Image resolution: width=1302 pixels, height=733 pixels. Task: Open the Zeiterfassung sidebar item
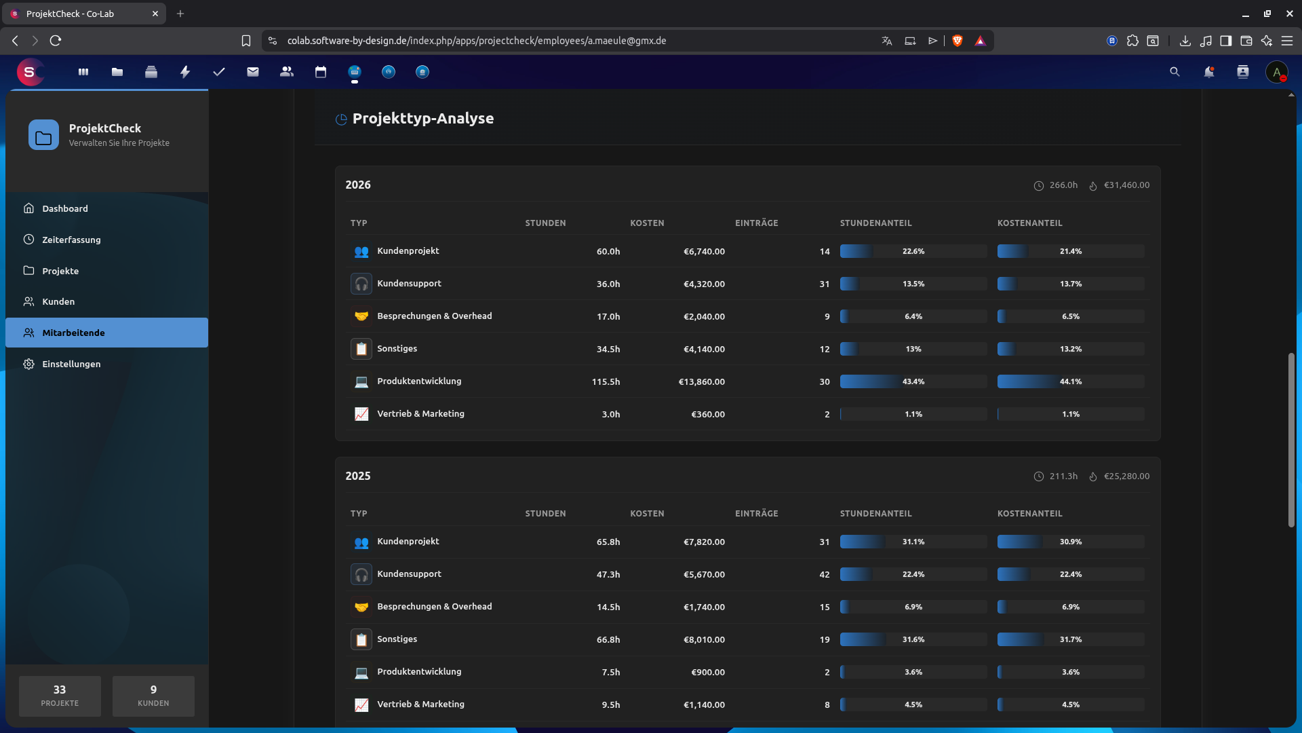[71, 240]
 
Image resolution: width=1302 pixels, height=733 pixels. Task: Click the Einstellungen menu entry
[71, 364]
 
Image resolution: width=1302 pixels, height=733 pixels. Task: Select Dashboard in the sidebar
[64, 208]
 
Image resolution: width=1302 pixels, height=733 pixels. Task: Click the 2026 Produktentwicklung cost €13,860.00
[701, 381]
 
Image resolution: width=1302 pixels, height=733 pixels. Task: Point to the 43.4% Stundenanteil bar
[913, 381]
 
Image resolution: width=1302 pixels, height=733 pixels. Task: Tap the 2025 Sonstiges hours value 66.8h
[608, 639]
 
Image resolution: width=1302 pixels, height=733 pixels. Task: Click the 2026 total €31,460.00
[1126, 185]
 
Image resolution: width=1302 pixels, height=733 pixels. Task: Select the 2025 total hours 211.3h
[1063, 476]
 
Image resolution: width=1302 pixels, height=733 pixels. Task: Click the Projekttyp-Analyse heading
[422, 118]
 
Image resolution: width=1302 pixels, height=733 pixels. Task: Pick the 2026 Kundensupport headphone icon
[361, 284]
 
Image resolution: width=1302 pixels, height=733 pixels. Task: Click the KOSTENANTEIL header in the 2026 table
[1029, 223]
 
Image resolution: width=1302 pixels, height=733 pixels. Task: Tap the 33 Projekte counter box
[60, 696]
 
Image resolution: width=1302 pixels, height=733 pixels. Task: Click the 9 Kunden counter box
[153, 696]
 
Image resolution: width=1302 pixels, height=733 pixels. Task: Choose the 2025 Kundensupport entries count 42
[824, 574]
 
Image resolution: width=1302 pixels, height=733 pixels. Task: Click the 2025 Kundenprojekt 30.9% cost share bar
[1070, 542]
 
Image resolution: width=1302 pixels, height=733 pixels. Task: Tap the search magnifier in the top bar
[1175, 72]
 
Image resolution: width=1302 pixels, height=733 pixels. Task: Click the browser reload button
[56, 41]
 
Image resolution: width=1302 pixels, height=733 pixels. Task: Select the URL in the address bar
[476, 41]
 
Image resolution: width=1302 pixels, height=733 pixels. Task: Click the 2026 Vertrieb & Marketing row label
[420, 414]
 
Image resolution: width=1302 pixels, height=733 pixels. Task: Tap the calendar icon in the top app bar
[321, 72]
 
